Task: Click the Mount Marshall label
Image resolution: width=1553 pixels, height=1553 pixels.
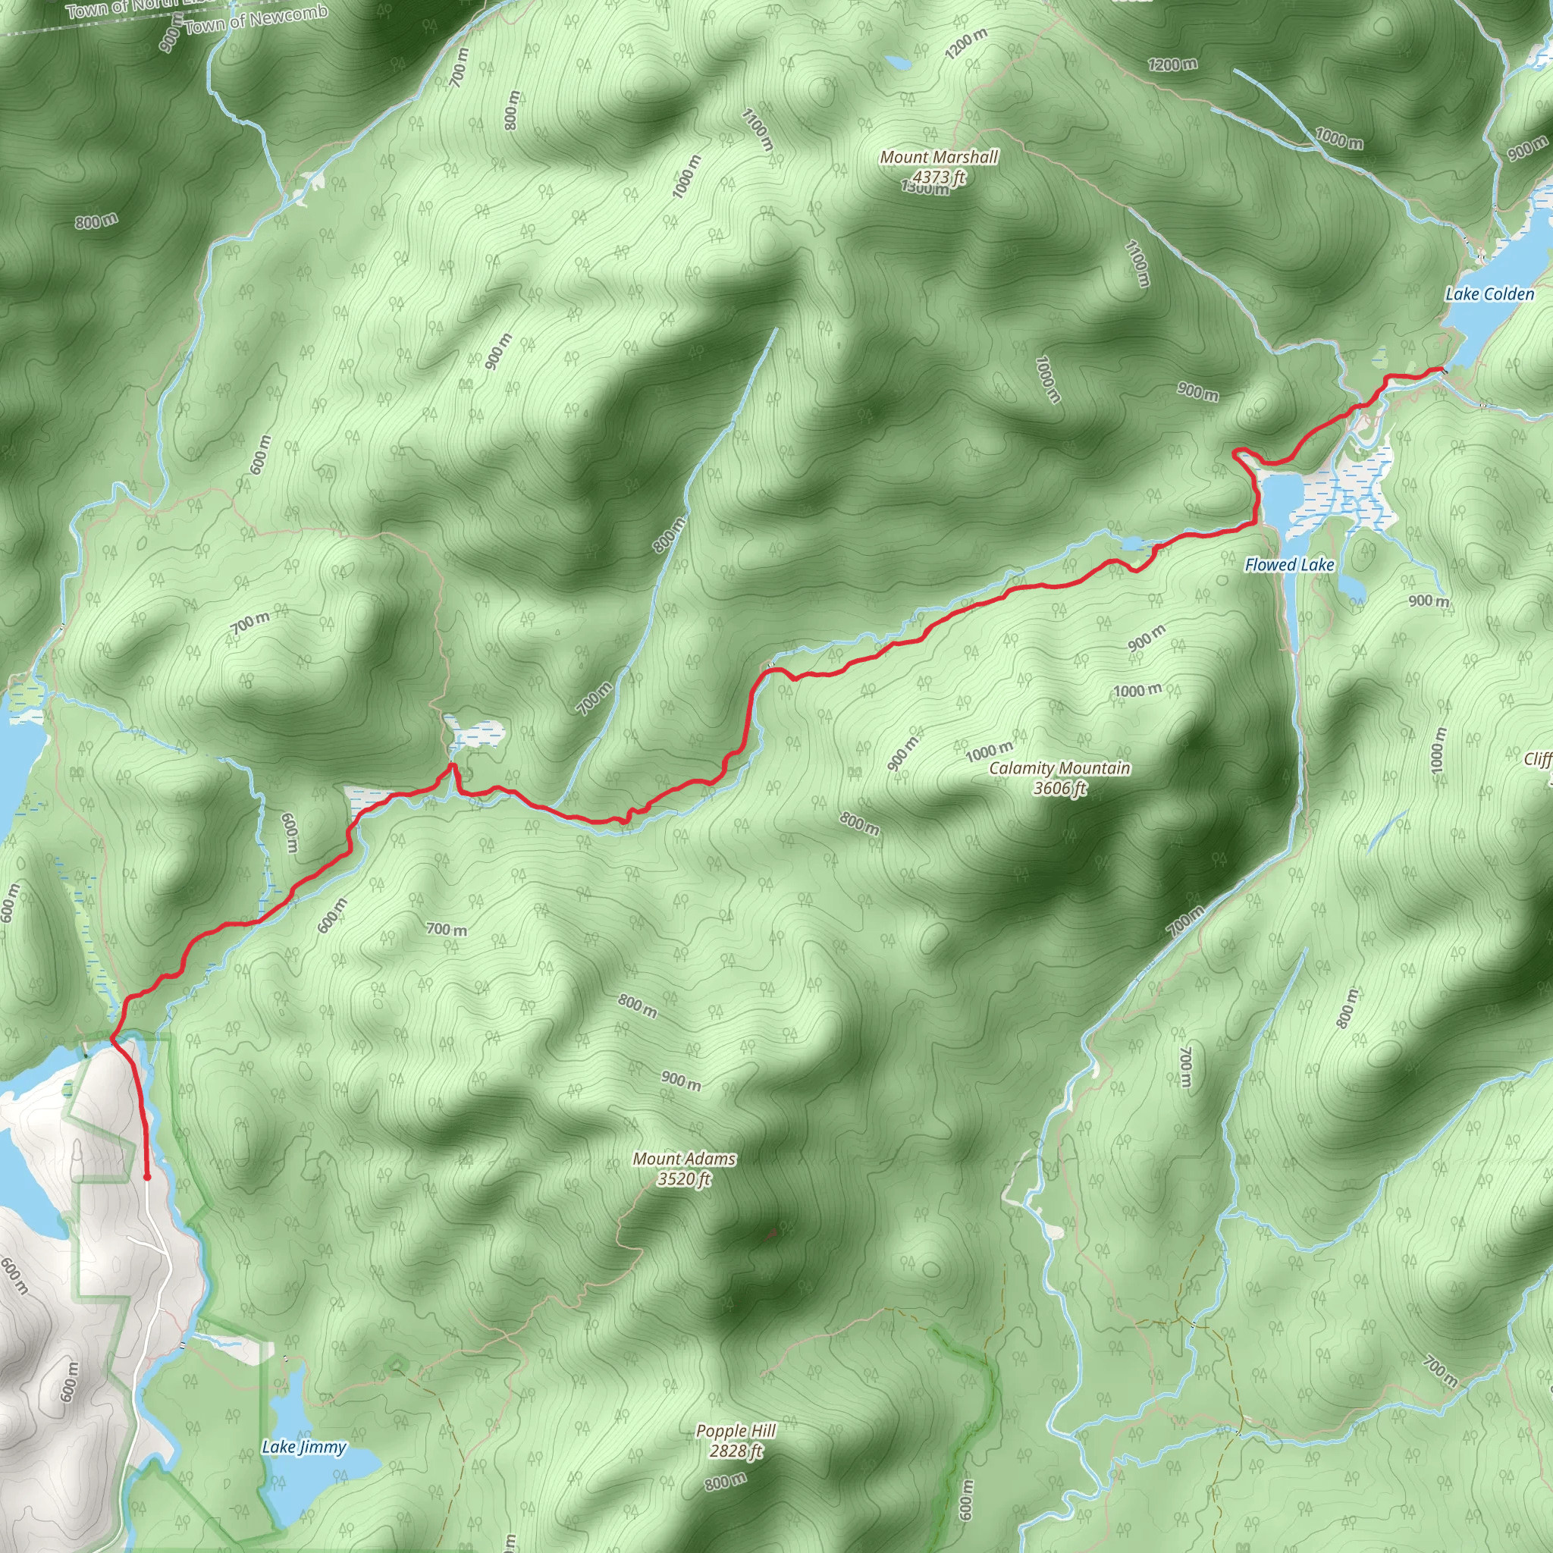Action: point(938,157)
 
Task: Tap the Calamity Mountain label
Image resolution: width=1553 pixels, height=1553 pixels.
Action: point(1059,768)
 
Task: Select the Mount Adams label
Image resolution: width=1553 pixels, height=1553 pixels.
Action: point(684,1159)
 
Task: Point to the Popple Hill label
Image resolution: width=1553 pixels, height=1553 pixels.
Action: point(736,1431)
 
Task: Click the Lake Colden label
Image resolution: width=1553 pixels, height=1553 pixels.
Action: point(1489,294)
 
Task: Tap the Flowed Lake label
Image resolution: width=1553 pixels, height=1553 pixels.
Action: point(1289,565)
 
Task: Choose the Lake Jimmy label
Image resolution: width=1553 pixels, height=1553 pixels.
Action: point(304,1447)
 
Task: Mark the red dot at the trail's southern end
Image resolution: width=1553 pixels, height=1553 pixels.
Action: point(147,1177)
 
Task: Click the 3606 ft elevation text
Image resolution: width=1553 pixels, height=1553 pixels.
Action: point(1059,789)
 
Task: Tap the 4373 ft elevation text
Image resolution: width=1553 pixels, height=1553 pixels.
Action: point(938,176)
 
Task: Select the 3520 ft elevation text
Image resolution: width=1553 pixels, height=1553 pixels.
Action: point(684,1179)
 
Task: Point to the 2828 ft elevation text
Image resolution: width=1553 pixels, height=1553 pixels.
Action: point(736,1451)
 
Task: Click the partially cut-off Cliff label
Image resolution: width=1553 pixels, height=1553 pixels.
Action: point(1539,760)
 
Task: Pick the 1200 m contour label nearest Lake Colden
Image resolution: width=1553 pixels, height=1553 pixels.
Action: point(1172,64)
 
